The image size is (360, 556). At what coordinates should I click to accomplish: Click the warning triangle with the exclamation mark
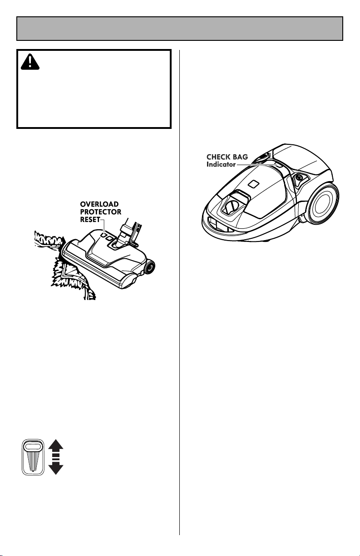tap(30, 62)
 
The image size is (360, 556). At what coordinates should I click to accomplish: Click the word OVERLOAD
tap(99, 204)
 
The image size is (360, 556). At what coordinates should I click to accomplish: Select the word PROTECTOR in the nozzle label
tap(101, 212)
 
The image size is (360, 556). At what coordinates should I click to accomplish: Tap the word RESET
tap(90, 220)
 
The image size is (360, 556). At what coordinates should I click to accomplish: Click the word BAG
tap(240, 157)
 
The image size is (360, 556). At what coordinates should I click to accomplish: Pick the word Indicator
tap(221, 164)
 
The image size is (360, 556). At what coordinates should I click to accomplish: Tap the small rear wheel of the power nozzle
tap(150, 267)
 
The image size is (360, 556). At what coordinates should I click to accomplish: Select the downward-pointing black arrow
tap(56, 468)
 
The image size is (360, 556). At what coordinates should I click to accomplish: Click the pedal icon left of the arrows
tap(33, 457)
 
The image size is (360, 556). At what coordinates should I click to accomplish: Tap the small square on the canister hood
tap(253, 184)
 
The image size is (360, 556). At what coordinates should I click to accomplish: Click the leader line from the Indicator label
tap(256, 164)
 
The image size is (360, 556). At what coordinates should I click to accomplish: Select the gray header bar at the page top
tap(180, 29)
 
